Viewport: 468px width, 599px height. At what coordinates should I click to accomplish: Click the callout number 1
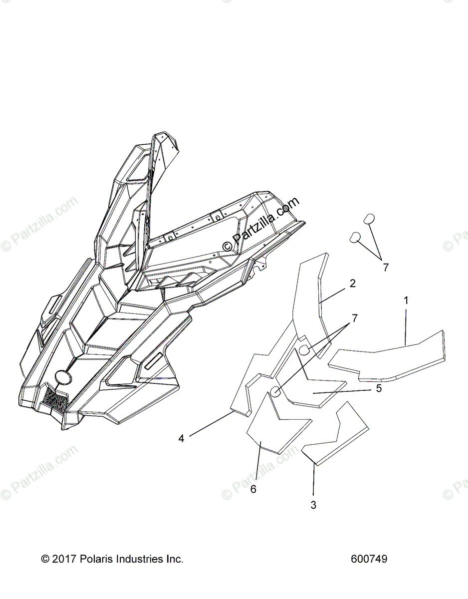[406, 300]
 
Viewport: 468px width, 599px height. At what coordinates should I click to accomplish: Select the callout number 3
[313, 505]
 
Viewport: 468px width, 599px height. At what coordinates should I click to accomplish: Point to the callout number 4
[181, 438]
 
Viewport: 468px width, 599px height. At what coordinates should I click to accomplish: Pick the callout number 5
[379, 388]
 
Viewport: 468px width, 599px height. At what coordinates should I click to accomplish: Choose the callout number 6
[253, 489]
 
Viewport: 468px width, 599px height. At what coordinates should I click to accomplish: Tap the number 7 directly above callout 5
[355, 318]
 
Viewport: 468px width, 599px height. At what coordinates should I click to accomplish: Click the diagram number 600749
[369, 559]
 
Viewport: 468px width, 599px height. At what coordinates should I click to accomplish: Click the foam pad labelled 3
[339, 434]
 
